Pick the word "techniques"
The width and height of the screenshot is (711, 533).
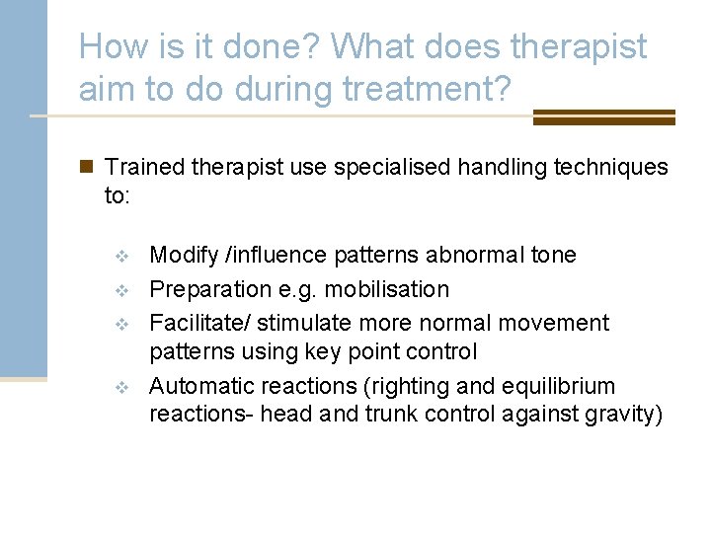tap(608, 167)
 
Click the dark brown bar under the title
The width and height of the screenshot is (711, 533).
tap(603, 117)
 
